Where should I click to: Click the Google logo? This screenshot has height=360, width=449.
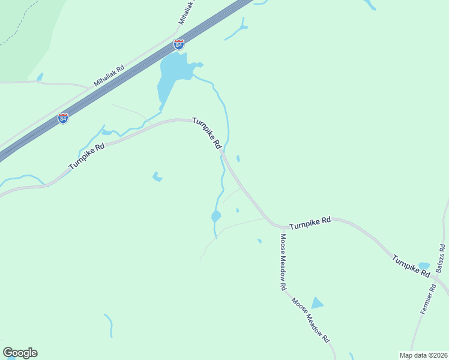tap(20, 353)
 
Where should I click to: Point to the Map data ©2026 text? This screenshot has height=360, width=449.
tap(423, 355)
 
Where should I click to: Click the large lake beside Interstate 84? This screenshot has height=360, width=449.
tap(172, 75)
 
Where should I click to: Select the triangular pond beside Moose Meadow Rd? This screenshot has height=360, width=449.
tap(316, 303)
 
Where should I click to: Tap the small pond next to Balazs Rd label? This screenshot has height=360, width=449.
tap(424, 265)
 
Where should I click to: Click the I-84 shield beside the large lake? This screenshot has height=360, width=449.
tap(178, 44)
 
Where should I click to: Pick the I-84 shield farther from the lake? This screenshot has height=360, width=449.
tap(63, 118)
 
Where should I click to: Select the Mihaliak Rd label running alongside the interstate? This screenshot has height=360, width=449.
tap(109, 77)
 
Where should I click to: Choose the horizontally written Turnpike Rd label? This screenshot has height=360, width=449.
tap(310, 223)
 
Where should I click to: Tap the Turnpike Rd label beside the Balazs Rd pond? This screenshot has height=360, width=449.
tap(411, 266)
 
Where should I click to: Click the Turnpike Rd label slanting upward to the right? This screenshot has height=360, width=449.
tap(87, 156)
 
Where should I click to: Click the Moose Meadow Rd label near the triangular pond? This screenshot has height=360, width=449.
tap(311, 320)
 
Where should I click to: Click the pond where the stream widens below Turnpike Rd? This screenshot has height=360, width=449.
tap(216, 216)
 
